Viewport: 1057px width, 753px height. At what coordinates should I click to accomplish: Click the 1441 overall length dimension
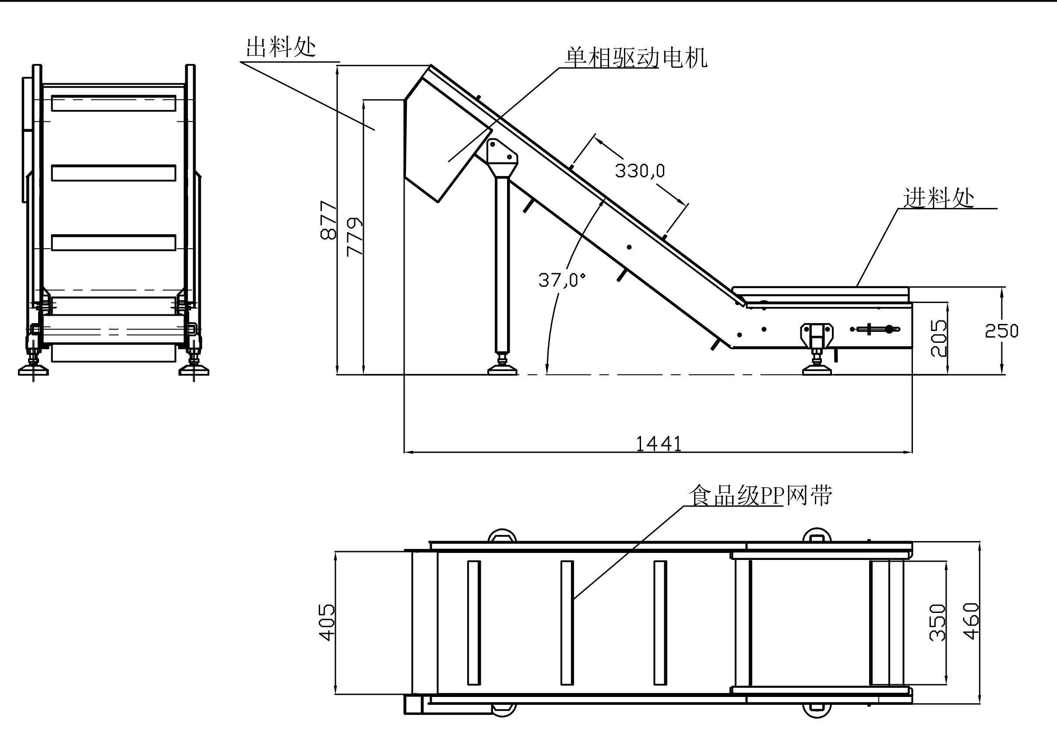[658, 444]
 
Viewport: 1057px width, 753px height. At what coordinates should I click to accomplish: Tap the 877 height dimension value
[328, 220]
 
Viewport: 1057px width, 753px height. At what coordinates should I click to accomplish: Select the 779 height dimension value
[355, 236]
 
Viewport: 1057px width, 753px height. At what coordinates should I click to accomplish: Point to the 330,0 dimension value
[640, 171]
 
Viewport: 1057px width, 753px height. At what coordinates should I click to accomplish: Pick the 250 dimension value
[1001, 331]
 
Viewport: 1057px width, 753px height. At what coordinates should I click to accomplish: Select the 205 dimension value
[938, 338]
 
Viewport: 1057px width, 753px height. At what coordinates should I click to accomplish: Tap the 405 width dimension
[327, 623]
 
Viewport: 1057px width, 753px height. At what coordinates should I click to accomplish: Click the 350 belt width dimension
[937, 623]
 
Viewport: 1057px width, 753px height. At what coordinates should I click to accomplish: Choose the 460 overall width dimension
[971, 621]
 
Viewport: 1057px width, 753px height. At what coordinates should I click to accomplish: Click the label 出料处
[281, 47]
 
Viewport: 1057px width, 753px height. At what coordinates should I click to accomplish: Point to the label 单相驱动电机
[636, 58]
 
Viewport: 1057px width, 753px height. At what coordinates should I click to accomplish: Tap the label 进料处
[938, 198]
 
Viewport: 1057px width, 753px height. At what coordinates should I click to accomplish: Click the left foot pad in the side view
[502, 369]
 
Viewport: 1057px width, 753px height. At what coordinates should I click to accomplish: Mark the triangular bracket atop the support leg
[502, 156]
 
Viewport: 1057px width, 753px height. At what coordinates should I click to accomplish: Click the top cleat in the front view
[114, 103]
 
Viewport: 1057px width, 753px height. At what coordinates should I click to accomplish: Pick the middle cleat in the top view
[567, 623]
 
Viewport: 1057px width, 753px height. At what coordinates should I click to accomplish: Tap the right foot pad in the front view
[194, 370]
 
